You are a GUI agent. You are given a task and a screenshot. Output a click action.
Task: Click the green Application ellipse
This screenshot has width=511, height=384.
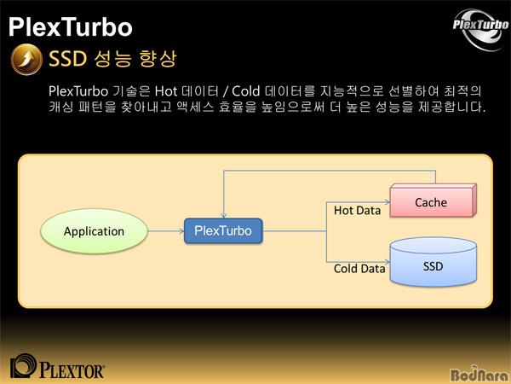(94, 231)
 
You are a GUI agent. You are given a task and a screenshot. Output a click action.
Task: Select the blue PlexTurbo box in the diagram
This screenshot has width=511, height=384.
(223, 231)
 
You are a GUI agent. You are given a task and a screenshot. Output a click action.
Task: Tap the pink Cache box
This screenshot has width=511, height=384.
(433, 201)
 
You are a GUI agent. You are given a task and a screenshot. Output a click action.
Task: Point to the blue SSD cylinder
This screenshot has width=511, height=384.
(433, 262)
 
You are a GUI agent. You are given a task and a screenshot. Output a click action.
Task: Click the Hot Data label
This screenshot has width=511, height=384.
(357, 211)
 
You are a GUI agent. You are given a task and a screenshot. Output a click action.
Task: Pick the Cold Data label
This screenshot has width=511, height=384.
(359, 269)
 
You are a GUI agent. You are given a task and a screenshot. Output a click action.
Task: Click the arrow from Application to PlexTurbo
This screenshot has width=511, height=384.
(166, 231)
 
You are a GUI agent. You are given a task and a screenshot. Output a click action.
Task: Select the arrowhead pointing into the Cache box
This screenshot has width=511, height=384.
(388, 202)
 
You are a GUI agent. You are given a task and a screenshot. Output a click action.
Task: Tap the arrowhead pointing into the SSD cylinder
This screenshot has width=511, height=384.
(388, 262)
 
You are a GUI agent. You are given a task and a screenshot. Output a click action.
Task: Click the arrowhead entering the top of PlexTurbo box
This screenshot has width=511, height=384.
(223, 215)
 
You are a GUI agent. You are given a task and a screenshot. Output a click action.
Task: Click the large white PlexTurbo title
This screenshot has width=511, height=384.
(70, 26)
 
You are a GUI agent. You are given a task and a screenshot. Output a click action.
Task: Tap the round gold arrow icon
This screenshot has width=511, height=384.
(26, 60)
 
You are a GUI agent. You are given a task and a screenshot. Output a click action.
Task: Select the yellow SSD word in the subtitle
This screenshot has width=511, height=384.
(68, 59)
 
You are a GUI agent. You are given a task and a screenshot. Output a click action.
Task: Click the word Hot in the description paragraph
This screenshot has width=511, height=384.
(166, 91)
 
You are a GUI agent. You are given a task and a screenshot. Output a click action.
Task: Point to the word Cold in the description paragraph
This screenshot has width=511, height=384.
(246, 91)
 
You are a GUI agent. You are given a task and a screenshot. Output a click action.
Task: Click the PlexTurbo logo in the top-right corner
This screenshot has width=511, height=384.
(480, 29)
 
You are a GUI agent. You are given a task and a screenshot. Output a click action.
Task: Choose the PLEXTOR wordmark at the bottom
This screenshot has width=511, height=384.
(72, 371)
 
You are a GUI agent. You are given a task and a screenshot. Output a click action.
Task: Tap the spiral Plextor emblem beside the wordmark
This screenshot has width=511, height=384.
(23, 366)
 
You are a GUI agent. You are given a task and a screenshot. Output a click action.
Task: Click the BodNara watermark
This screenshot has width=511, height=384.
(479, 375)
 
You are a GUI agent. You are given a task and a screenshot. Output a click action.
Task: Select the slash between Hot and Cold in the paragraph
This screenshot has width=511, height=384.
(226, 91)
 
